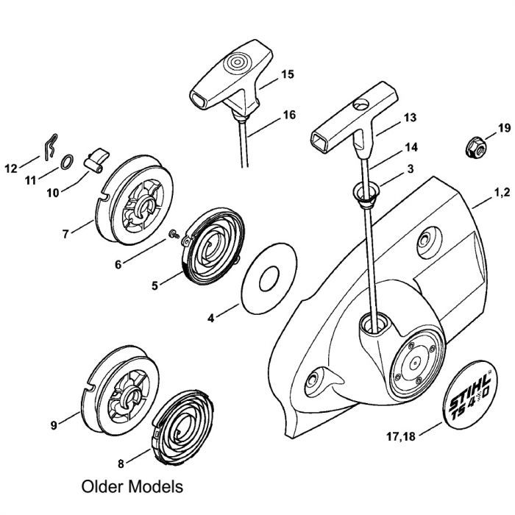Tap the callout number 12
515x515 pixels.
pos(11,168)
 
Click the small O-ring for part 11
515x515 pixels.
pos(67,162)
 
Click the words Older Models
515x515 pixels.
pos(134,487)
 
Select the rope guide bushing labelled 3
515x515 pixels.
pos(368,193)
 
